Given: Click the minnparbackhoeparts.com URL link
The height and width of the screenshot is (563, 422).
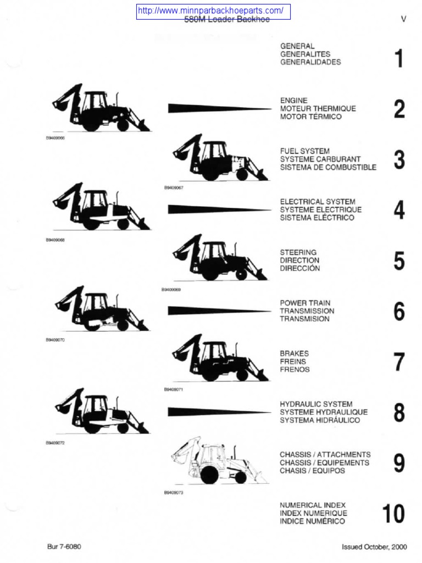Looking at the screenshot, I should pos(213,11).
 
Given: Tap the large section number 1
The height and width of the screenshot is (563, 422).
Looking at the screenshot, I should pos(399,59).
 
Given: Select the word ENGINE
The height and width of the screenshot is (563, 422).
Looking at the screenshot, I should pos(294,101).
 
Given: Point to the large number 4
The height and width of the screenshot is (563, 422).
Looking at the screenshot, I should pos(399,210).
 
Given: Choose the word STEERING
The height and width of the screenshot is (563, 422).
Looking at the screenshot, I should pos(298,252).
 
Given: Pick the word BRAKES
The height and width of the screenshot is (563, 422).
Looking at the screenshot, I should pos(295,354).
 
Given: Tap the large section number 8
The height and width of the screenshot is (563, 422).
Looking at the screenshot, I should pos(399,412).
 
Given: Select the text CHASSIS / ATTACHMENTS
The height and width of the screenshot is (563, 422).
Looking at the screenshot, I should pos(325,455).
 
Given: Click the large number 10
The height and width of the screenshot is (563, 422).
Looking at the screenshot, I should pos(393,514).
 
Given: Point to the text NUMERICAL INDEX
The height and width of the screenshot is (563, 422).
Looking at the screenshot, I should pos(313,505).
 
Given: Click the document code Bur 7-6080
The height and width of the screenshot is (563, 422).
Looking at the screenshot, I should pos(64,547).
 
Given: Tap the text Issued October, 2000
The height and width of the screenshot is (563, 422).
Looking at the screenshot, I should pos(374,547).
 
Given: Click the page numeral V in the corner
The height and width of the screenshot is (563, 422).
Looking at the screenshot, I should pos(404,19).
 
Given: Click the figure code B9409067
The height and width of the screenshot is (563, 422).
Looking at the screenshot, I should pos(173,187).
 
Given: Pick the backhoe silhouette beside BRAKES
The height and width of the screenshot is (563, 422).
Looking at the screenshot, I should pos(220,358).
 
